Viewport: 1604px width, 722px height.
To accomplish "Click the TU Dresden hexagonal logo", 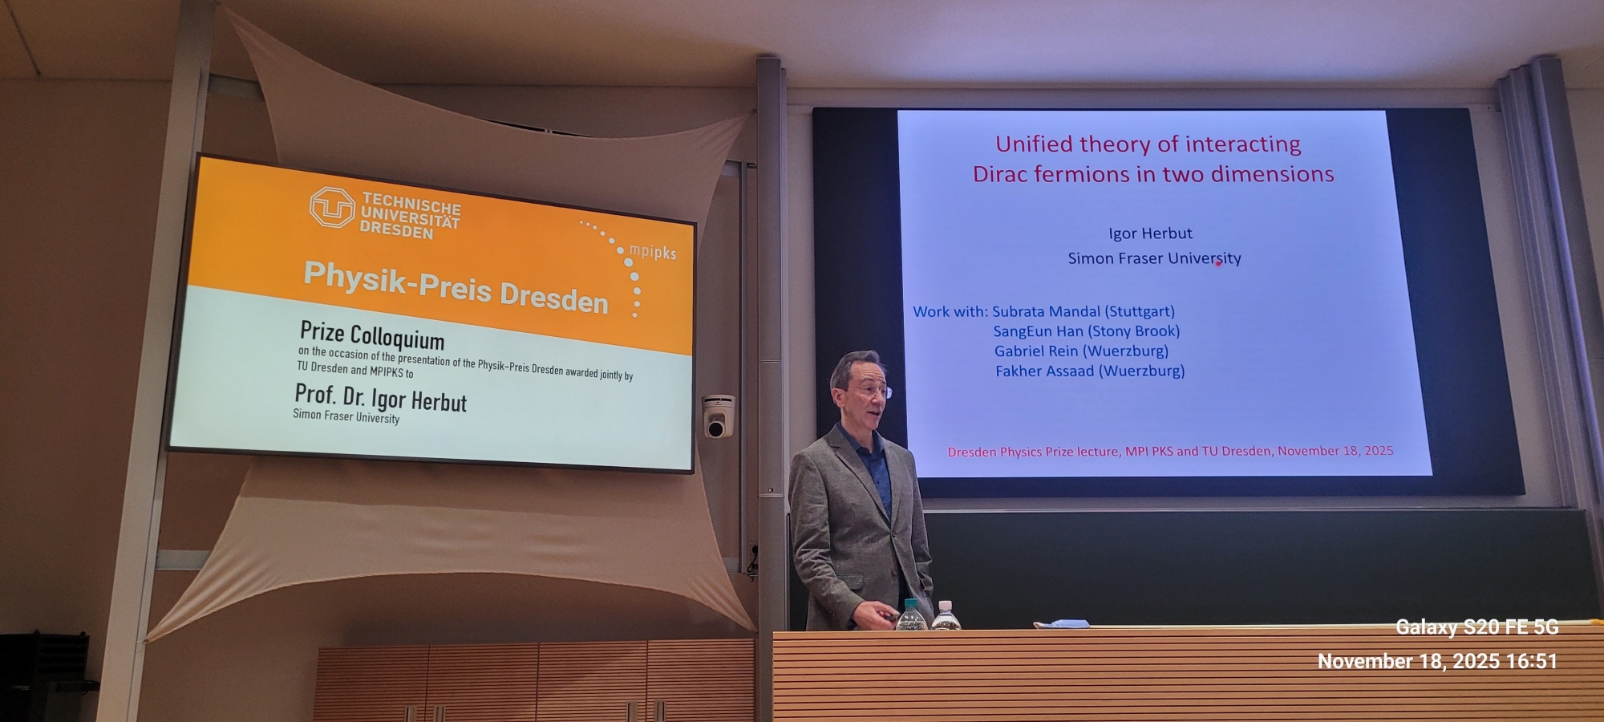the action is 332,207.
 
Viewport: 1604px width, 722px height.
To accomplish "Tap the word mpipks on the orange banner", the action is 652,252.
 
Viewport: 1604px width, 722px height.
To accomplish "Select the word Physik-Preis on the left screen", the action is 397,282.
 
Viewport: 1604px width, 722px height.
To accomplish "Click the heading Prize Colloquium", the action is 371,335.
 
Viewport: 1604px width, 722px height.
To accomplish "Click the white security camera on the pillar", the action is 717,416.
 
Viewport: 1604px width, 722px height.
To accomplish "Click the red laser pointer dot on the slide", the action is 1218,263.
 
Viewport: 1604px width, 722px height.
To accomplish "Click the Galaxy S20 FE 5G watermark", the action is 1477,627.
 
